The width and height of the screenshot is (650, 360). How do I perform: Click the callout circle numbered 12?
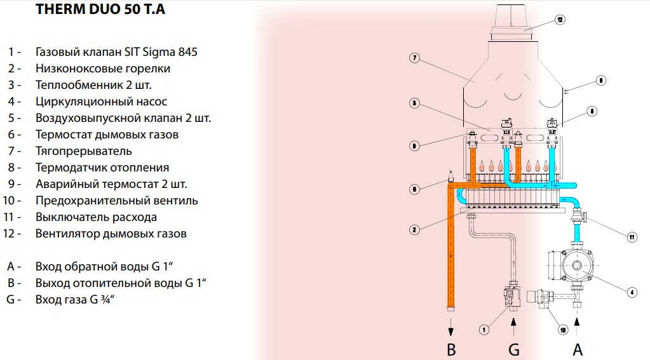[x=560, y=20]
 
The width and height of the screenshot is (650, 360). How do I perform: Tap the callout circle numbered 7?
[x=414, y=58]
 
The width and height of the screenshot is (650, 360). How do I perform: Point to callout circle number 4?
[x=632, y=293]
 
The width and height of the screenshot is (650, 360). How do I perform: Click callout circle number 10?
[x=562, y=329]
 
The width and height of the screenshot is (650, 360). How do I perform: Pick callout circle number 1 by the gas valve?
[x=484, y=329]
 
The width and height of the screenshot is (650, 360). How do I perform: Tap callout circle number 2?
[x=414, y=229]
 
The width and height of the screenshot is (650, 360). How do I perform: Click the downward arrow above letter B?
[x=451, y=325]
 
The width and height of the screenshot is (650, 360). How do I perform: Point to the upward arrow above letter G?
[x=514, y=325]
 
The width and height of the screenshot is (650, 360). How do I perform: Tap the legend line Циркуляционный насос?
[x=102, y=102]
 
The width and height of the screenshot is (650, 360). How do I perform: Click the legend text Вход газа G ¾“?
[x=79, y=298]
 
